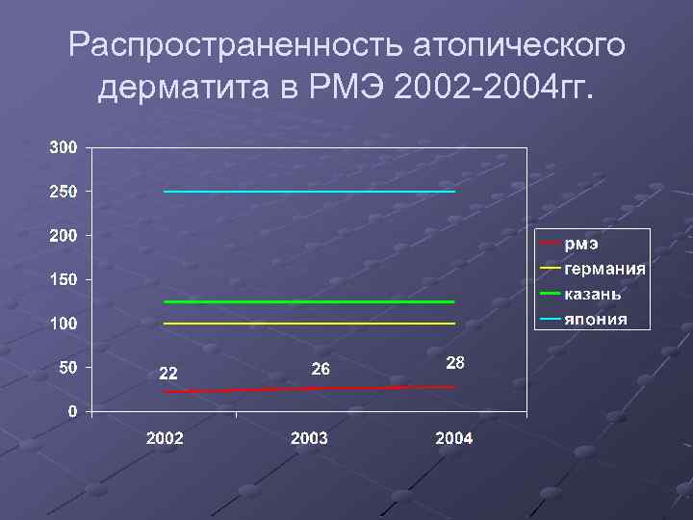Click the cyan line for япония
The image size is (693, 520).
308,192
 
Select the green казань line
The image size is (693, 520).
308,302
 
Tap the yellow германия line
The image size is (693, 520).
308,324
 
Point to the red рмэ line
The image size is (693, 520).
308,389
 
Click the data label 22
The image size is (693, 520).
167,374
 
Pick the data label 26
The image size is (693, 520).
321,369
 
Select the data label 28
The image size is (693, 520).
456,363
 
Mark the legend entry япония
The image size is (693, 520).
595,319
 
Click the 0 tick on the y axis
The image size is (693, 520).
73,411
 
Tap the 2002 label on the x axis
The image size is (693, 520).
165,439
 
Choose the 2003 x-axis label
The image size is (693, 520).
309,439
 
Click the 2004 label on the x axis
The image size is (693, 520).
453,439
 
